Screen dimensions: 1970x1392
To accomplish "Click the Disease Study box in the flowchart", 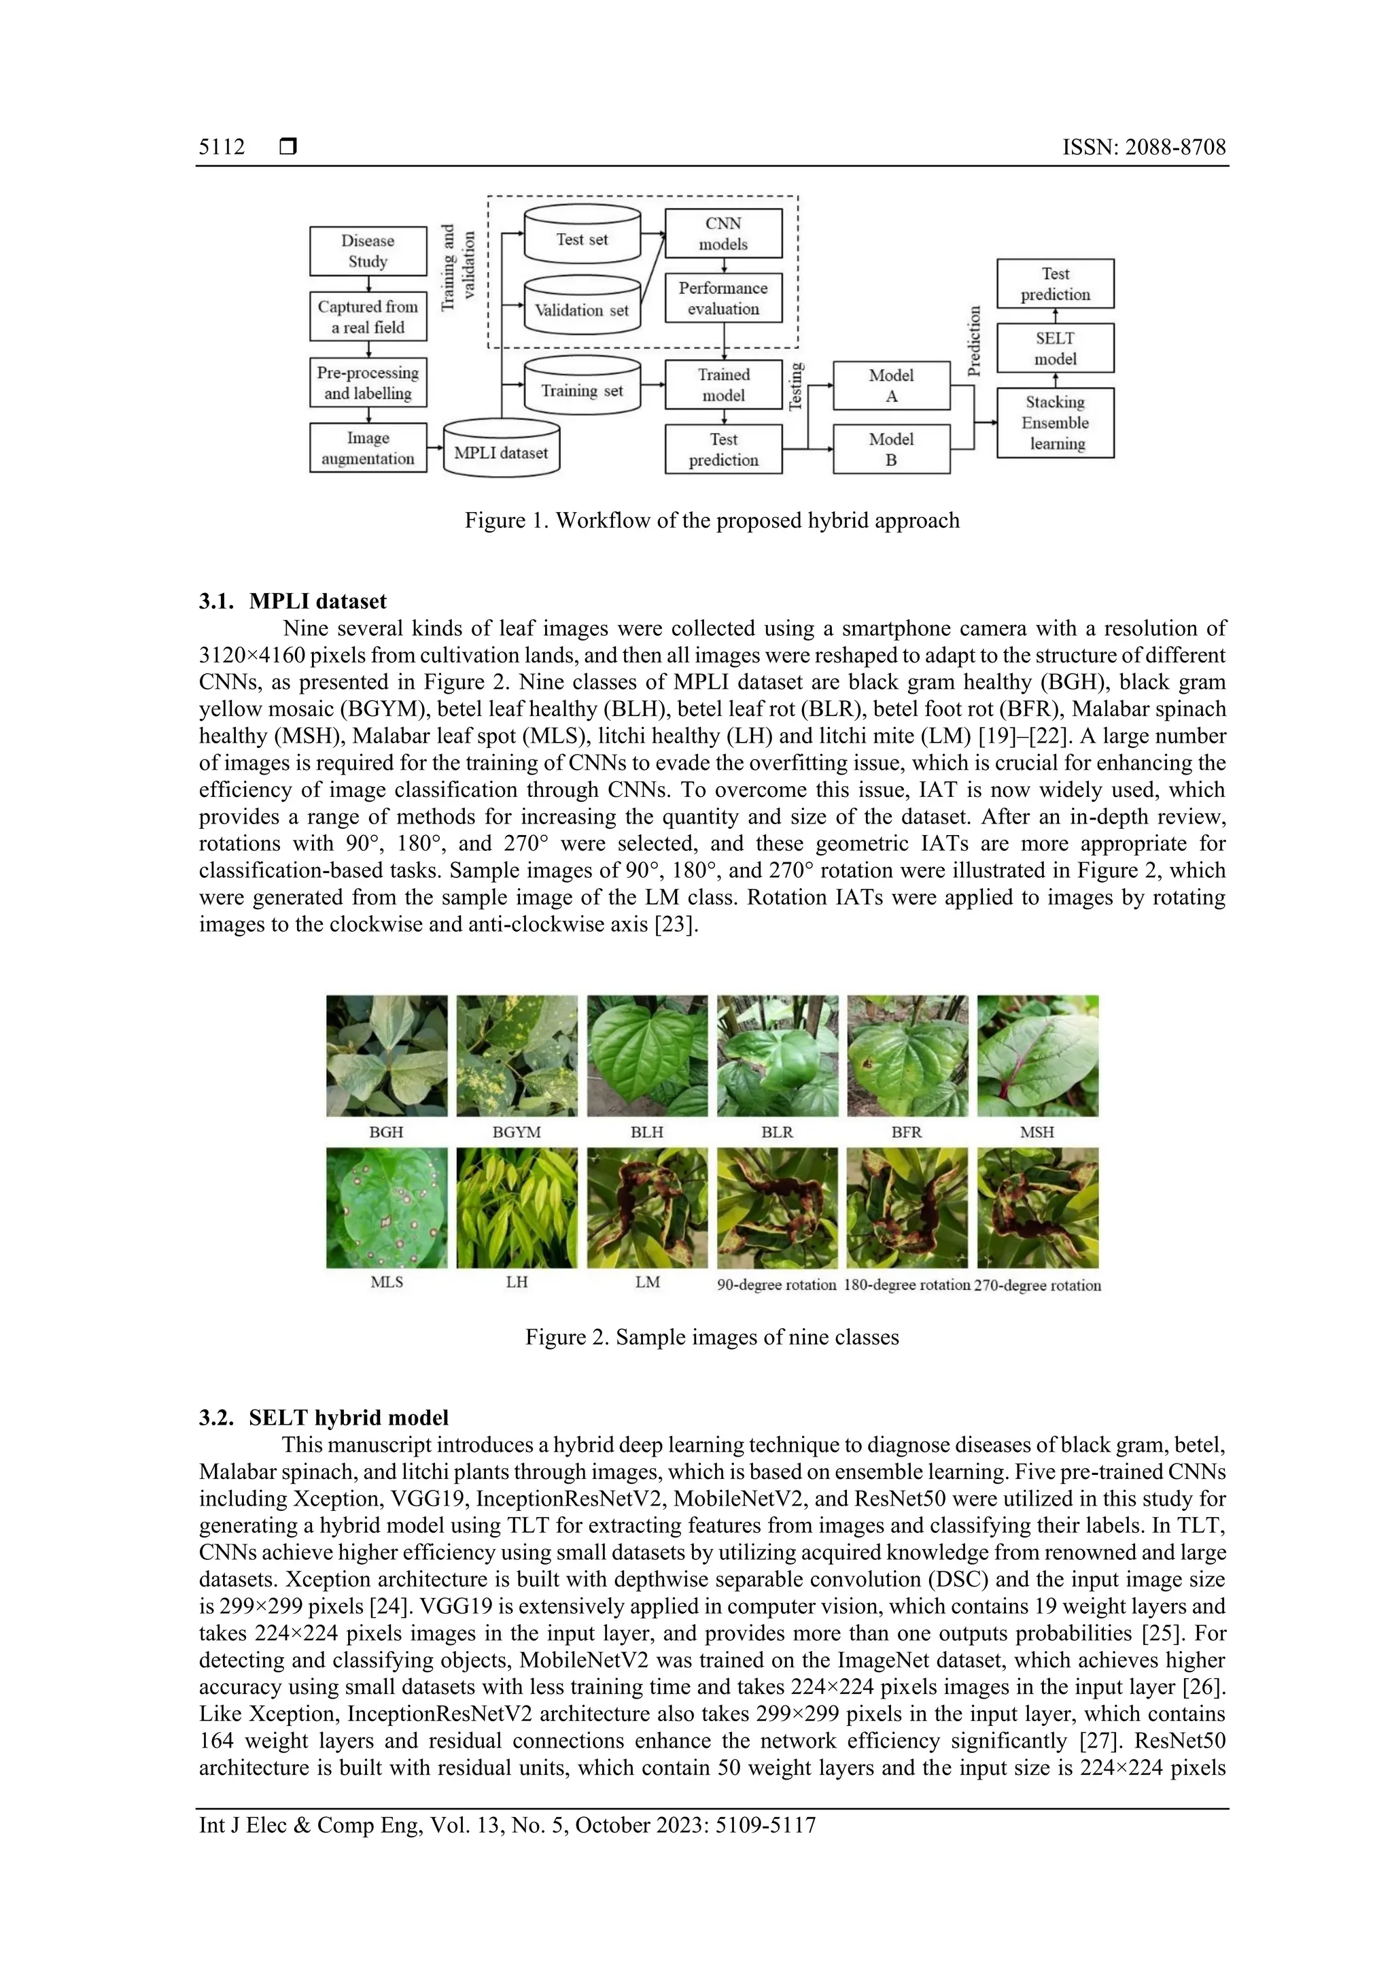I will pos(368,250).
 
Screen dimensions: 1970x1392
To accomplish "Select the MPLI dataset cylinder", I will pos(501,449).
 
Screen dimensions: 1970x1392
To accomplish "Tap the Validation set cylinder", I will pos(582,307).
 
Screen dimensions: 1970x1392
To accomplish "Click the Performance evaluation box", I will pos(723,299).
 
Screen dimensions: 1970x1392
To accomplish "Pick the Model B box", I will pos(891,449).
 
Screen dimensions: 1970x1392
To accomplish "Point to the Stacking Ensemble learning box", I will pos(1055,423).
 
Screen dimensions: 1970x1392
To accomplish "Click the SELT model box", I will pos(1055,348).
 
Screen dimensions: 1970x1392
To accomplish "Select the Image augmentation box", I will pos(368,448).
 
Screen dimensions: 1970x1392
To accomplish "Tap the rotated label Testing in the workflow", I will pos(796,386).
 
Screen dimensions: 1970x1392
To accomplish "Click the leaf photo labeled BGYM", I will pos(517,1055).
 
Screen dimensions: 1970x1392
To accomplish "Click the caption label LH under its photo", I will pos(517,1282).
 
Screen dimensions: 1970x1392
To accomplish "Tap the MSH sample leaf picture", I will pos(1038,1055).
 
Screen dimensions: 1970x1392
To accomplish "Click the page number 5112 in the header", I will pos(222,148).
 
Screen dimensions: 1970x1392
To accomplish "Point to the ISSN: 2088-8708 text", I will pos(1143,148).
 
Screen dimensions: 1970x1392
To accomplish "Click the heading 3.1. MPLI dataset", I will pos(292,600).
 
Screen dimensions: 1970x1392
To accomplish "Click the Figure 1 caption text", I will pos(712,521).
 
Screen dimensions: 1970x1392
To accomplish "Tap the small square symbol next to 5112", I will pos(288,148).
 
